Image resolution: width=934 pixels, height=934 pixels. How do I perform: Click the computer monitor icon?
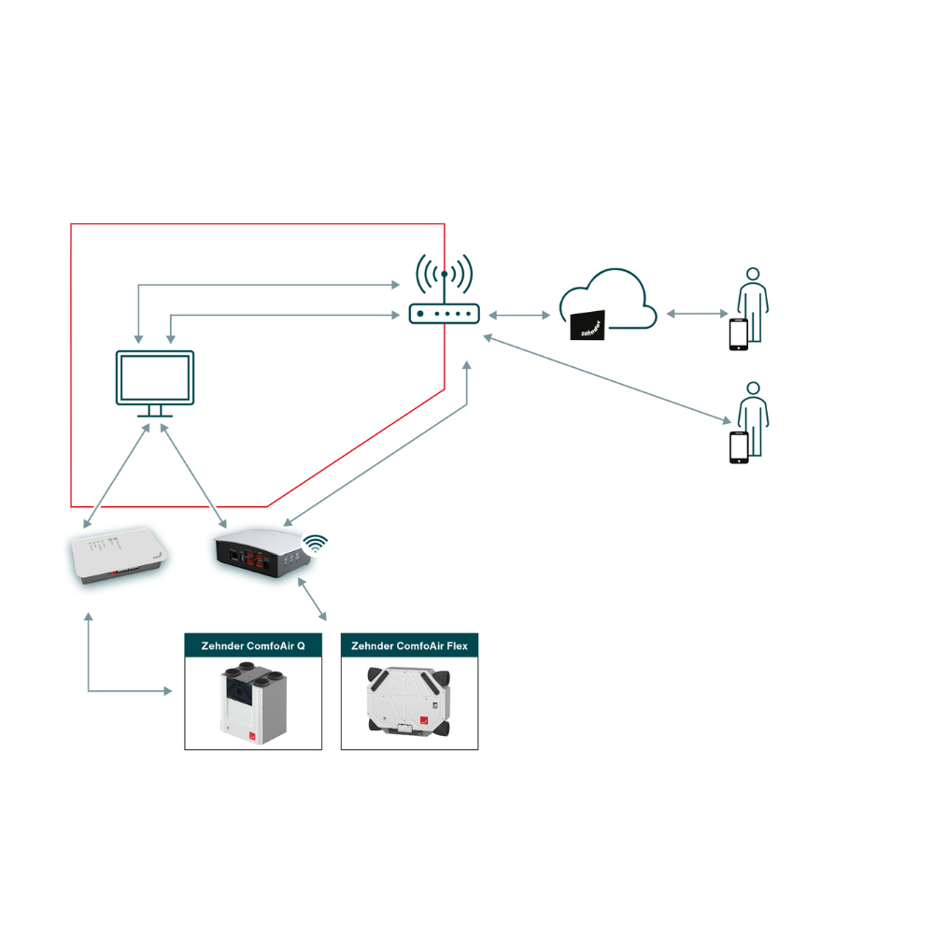154,378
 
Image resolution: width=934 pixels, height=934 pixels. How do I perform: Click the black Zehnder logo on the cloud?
587,326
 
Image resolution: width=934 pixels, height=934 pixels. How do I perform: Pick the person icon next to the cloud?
751,304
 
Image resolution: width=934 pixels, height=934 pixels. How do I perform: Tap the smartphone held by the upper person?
738,334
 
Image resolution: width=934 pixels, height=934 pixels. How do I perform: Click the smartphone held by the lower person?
738,446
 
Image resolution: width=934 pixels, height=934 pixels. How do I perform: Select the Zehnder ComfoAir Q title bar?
253,645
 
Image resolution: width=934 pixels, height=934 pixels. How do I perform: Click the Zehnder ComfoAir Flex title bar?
410,645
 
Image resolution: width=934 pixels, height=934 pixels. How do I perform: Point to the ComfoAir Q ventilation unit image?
253,702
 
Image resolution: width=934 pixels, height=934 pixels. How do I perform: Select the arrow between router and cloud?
519,316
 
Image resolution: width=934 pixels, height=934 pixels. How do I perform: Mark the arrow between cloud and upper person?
697,314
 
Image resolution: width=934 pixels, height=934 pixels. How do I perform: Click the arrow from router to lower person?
607,379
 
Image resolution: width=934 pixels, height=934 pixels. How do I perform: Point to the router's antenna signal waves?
444,271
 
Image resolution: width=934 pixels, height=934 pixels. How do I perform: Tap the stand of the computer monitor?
154,412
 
